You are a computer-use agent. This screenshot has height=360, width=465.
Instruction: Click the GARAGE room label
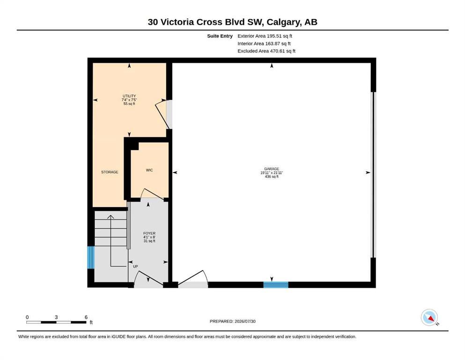pos(272,169)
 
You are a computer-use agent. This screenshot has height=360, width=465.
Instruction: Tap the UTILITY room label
pos(129,96)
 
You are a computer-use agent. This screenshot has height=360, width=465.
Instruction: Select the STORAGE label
pos(110,172)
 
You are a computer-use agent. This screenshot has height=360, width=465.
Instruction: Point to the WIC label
pos(149,170)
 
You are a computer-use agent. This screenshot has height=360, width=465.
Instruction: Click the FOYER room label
pos(149,233)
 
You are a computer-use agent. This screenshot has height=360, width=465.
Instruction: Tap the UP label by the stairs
pos(135,267)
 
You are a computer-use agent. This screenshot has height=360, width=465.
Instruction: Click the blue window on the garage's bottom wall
pos(276,285)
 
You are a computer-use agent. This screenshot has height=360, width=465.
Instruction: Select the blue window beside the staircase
pos(91,257)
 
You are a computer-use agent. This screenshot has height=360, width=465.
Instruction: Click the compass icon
pos(429,317)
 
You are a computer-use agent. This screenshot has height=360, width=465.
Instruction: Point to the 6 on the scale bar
pos(86,317)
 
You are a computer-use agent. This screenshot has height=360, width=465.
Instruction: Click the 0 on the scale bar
pos(27,317)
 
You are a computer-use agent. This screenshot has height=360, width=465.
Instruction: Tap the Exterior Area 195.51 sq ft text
pos(265,36)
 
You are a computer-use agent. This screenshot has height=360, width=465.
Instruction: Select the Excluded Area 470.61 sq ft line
pos(266,51)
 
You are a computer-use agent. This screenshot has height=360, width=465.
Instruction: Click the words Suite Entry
pos(220,36)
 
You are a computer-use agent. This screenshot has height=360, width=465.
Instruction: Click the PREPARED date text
pos(232,321)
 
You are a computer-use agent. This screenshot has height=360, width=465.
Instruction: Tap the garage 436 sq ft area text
pos(272,177)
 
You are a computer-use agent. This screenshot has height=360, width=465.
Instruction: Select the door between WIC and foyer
pos(152,194)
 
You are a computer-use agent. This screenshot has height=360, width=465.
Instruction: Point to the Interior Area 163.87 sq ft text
pos(264,44)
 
